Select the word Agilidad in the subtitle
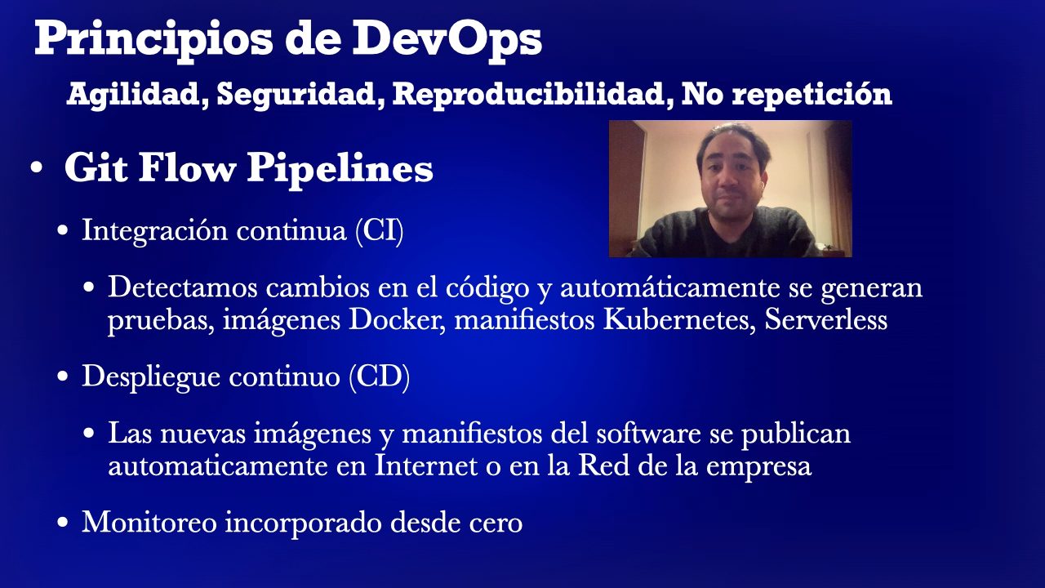click(x=134, y=95)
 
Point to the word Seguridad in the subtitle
click(x=300, y=95)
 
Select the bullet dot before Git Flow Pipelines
click(x=36, y=169)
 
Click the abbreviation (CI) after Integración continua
click(x=380, y=231)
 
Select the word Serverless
click(x=825, y=320)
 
